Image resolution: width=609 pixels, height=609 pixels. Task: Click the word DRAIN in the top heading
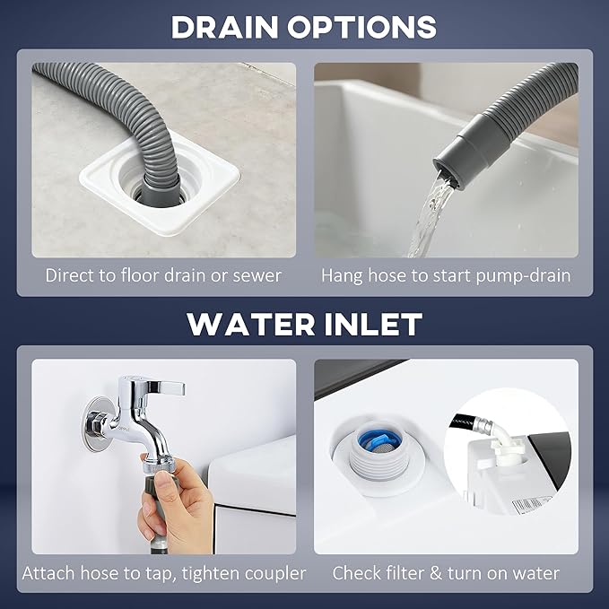coord(224,27)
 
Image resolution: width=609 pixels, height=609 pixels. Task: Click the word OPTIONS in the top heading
coord(362,27)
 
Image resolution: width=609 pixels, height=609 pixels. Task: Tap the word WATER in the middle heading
coord(251,325)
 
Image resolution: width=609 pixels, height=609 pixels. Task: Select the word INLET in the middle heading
coord(373,325)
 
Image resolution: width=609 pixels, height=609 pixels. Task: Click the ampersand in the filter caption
coord(436,573)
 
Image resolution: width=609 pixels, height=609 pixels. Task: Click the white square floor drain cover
coord(160,187)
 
